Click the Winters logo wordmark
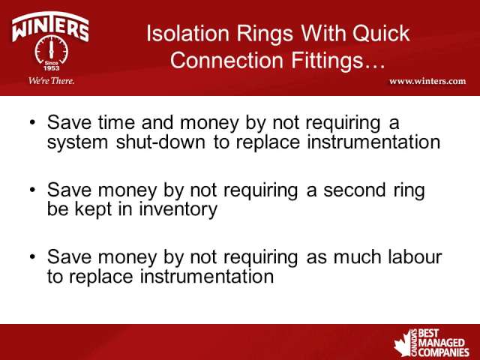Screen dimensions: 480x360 point(50,27)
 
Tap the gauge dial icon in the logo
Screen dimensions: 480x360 point(51,50)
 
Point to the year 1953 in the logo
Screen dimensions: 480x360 point(52,68)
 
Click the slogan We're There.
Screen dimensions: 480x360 point(52,81)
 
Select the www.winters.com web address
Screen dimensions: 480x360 point(427,81)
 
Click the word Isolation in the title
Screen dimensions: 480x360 point(187,33)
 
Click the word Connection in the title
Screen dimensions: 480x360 point(226,60)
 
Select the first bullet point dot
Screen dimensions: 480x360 point(33,122)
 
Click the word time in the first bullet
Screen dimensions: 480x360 point(116,122)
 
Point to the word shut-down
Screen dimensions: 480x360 point(160,142)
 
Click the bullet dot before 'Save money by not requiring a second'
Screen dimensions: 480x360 point(33,190)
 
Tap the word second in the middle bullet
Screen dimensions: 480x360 point(354,190)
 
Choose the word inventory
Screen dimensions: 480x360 point(178,210)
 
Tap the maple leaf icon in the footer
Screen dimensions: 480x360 point(403,343)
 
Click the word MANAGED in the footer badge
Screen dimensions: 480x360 point(441,343)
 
